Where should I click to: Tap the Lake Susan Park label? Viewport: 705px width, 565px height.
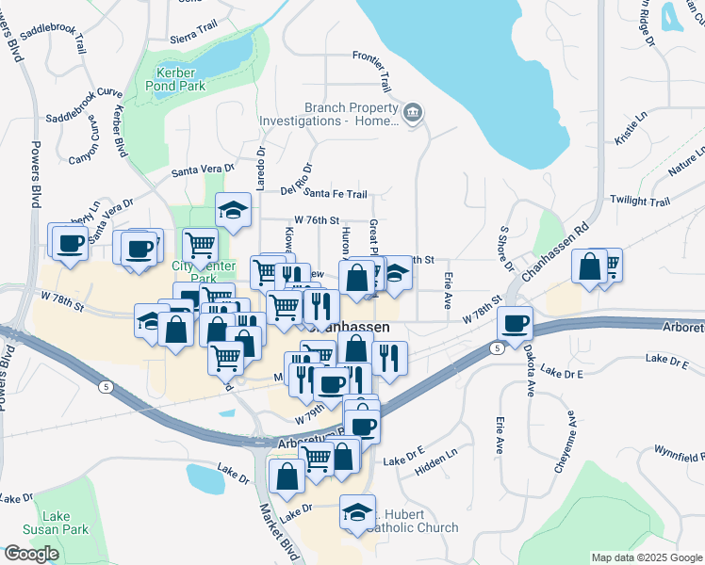click(x=64, y=524)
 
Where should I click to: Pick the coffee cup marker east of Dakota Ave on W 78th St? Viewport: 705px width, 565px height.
click(x=515, y=323)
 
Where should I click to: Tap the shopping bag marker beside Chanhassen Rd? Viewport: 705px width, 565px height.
click(x=589, y=266)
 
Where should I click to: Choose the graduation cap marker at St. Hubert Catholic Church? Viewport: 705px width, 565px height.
click(x=357, y=512)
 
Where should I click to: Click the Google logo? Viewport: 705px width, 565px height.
click(x=31, y=554)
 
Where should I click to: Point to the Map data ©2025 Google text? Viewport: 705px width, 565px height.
click(x=646, y=557)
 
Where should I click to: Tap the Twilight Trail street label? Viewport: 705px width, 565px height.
click(x=639, y=201)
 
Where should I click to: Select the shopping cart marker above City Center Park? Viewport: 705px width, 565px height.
click(x=200, y=246)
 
